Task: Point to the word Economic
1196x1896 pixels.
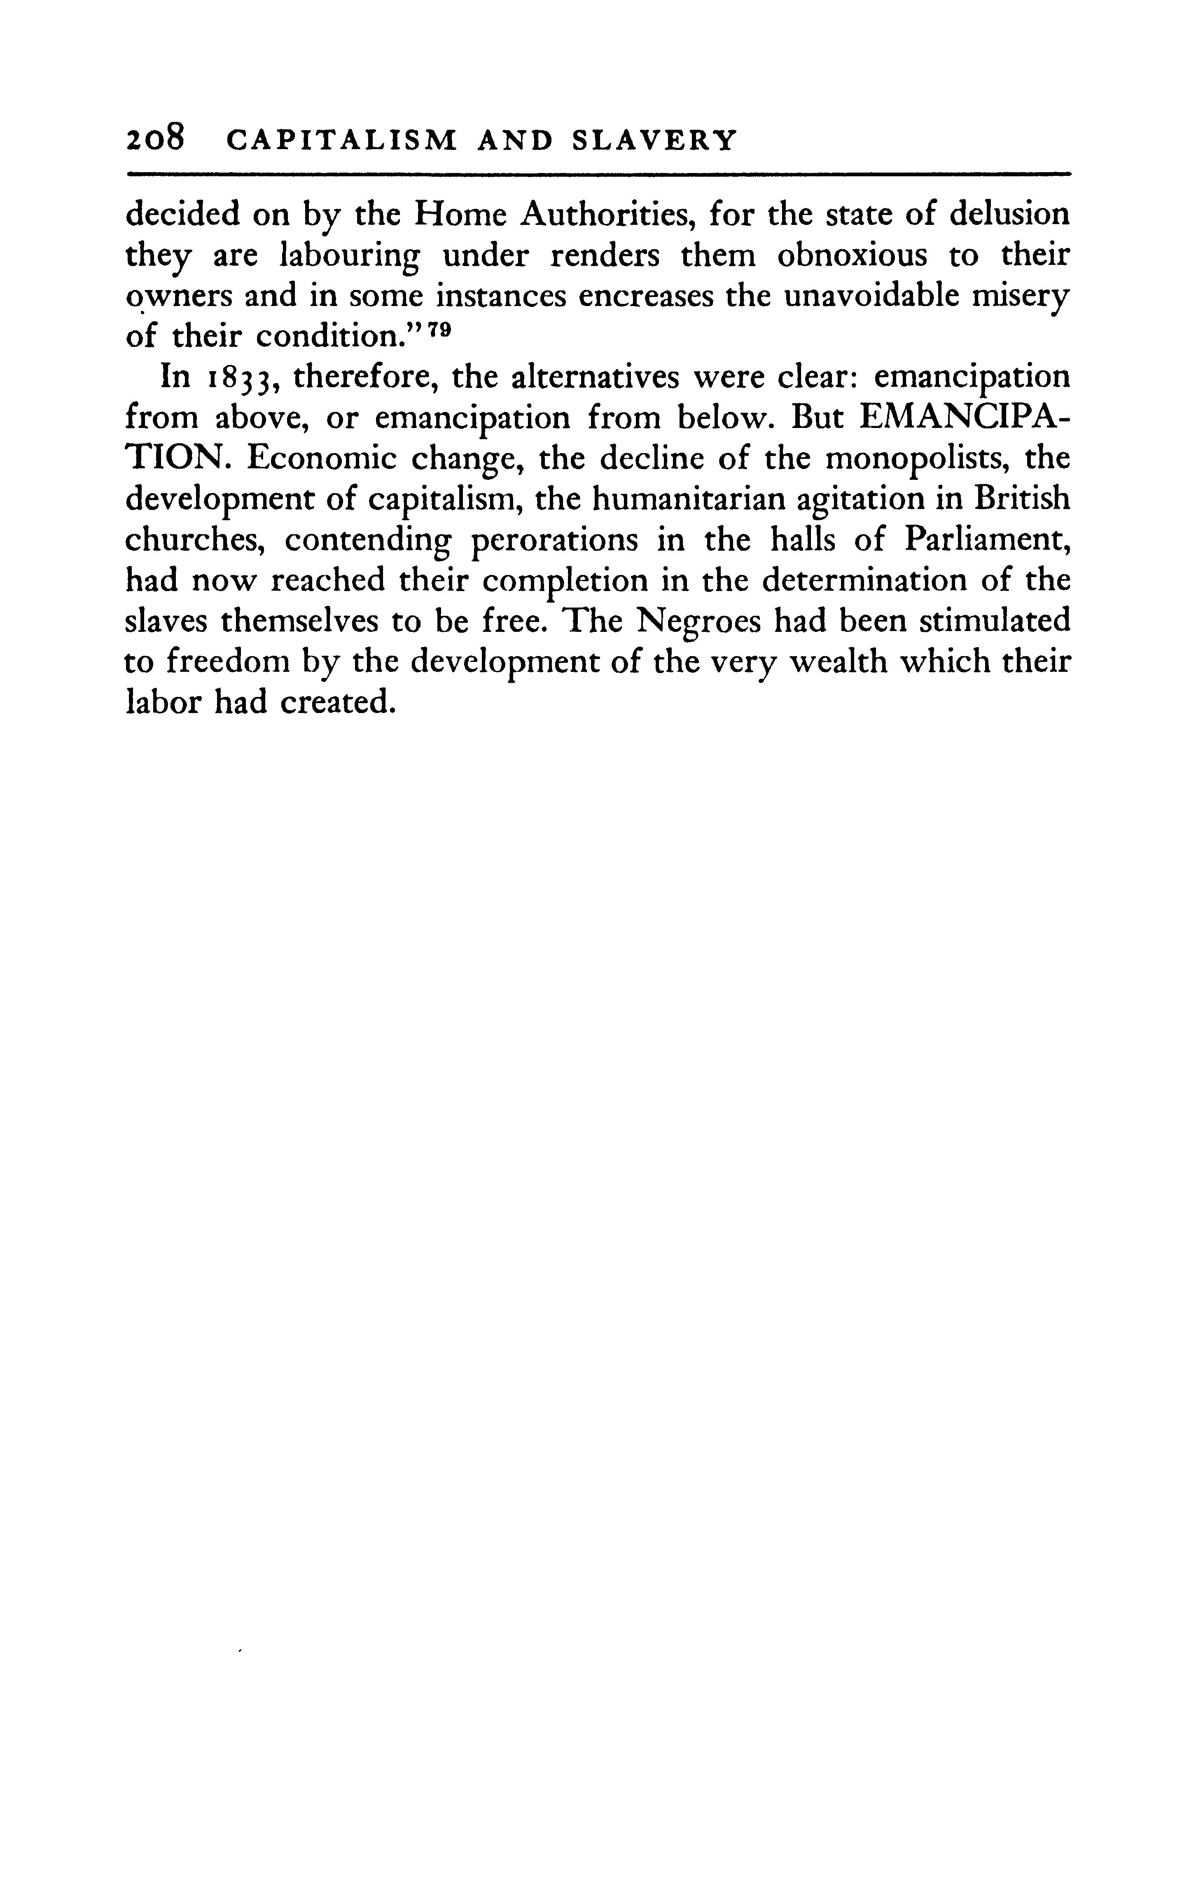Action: click(x=308, y=459)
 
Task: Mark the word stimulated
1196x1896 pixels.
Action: click(x=995, y=622)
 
